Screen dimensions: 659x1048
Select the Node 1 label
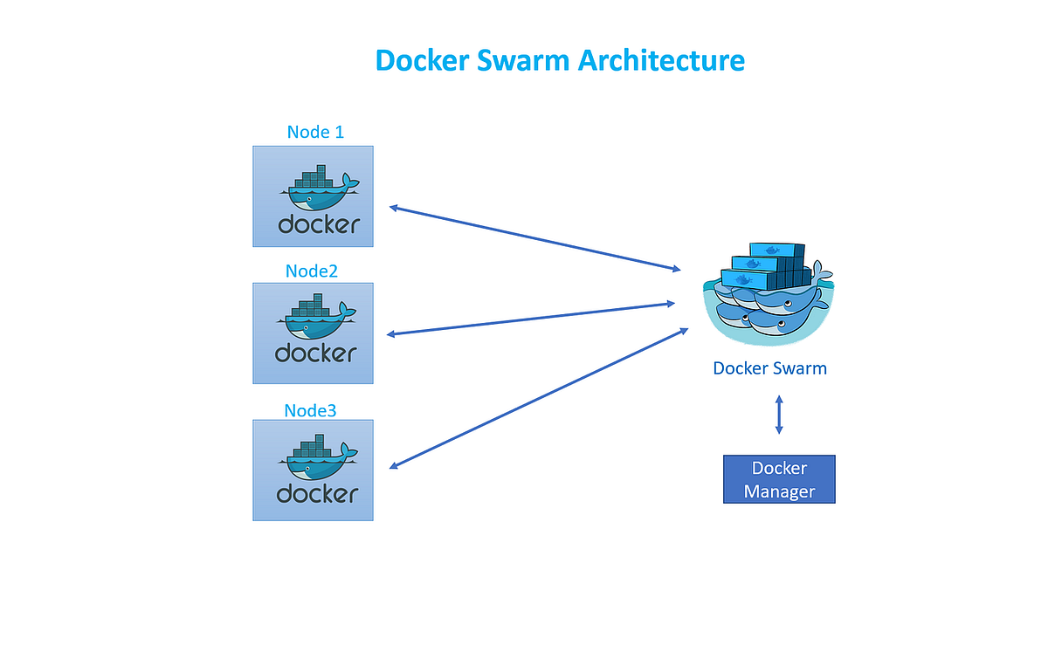(315, 132)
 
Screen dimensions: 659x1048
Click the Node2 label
(312, 271)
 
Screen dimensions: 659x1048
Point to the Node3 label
(311, 409)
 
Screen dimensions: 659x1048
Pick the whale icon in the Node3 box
(316, 456)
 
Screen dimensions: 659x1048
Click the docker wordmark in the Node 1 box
(318, 223)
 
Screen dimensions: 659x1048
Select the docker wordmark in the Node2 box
(315, 353)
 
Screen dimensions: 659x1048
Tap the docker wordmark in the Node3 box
(317, 493)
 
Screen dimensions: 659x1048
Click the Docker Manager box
(779, 479)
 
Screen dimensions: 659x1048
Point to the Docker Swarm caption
(769, 367)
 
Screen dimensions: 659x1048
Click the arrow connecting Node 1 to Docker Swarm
(534, 238)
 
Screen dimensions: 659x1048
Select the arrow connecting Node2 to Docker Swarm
(531, 319)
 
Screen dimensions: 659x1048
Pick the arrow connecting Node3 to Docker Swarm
(538, 398)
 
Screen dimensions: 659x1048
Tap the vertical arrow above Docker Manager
(779, 414)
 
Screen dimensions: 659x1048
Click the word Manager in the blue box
(779, 491)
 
